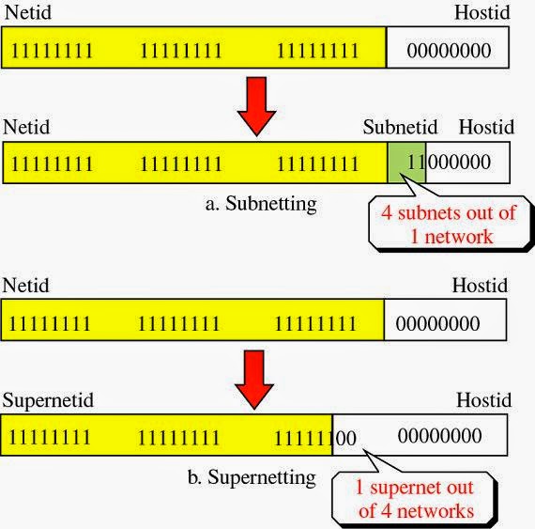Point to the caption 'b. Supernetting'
coord(251,477)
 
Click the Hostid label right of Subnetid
coord(486,127)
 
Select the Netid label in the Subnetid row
coord(26,127)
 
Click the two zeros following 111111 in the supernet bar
coord(345,437)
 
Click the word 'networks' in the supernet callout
coord(440,511)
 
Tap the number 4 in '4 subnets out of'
coord(386,212)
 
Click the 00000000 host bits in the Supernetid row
coord(440,436)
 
